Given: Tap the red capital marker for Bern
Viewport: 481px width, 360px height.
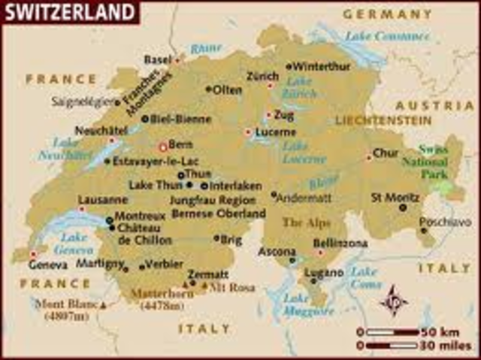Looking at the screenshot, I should point(162,147).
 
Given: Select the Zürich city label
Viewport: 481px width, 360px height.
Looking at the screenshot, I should point(262,77).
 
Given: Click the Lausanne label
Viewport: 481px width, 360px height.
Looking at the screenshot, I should point(103,200).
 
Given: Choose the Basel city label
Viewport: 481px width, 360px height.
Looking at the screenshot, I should point(157,59).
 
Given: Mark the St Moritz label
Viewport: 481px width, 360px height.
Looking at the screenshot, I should point(395,198).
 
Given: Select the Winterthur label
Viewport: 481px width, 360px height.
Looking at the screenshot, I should point(322,65).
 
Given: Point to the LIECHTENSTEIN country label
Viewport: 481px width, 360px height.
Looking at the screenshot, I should point(383,120).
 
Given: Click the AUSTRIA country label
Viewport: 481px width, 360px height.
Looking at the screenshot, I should point(435,105).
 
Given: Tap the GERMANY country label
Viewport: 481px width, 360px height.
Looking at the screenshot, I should point(387,14).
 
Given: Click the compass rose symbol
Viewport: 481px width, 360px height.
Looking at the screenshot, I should point(393,301).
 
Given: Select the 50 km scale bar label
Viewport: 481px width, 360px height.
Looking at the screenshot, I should point(442,331).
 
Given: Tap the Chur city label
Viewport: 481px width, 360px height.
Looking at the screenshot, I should point(386,153).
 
